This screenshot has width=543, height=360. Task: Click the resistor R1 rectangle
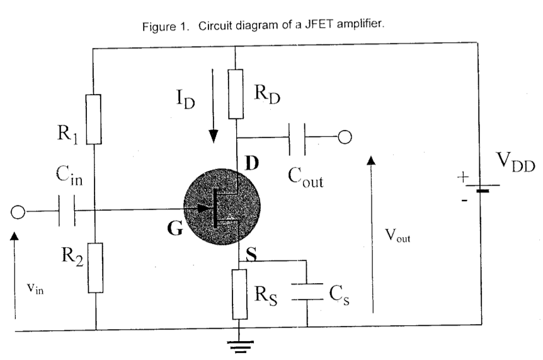93,119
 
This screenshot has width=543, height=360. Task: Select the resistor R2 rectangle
95,268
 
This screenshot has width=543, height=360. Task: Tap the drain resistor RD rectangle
236,94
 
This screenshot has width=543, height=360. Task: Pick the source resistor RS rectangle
239,294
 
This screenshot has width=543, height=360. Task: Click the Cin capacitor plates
67,211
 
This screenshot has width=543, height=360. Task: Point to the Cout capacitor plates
297,139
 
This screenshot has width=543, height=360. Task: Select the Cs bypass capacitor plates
307,292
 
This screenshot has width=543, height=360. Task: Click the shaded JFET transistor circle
222,207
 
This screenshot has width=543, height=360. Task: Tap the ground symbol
240,347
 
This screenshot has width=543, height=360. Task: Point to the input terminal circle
18,212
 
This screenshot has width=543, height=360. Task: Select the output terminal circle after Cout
345,137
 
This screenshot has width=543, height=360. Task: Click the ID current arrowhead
214,136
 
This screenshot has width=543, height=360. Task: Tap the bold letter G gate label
175,228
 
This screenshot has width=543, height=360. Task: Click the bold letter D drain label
252,163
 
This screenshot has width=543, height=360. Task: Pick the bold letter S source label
251,254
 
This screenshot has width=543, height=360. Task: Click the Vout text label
397,236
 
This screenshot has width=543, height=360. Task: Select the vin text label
35,288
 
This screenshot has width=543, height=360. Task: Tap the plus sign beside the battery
462,177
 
